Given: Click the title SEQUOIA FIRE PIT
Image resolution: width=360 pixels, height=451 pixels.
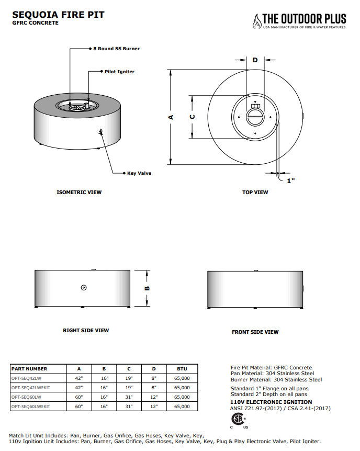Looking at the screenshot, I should [58, 15].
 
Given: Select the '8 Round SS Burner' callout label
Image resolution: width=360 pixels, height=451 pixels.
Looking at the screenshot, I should [116, 49].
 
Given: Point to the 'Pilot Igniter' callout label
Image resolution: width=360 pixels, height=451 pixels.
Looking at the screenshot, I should [119, 71].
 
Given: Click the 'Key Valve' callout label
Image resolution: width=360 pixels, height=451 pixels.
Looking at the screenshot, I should [139, 173].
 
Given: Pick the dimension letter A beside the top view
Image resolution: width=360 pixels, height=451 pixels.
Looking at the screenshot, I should [170, 117].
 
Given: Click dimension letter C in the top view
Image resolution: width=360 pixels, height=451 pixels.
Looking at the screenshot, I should [192, 117].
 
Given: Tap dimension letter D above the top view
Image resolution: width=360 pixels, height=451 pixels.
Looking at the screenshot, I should [255, 60].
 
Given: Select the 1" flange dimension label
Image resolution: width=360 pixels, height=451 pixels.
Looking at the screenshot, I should [291, 181].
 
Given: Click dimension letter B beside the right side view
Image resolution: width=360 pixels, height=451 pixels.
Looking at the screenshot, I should [148, 288].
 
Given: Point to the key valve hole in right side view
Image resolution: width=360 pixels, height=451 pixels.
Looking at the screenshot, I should [84, 288].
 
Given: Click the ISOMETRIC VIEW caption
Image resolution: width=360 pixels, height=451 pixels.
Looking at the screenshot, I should [79, 193].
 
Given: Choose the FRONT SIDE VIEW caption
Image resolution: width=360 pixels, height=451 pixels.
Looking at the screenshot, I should [255, 332].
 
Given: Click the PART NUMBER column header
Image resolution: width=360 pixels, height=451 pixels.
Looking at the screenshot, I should [29, 369].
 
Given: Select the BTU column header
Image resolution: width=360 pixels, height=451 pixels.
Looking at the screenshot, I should [182, 369].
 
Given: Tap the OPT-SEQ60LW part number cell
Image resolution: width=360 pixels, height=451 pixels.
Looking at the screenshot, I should [26, 397].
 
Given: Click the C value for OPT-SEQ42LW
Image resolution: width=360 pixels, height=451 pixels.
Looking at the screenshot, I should [129, 378].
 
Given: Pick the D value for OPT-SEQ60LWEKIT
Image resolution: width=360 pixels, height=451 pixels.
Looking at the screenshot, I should [154, 406].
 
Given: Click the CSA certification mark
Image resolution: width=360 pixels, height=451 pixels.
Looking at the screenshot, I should [238, 420].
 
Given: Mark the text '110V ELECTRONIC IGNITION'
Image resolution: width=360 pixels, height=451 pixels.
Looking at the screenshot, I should [264, 402].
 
